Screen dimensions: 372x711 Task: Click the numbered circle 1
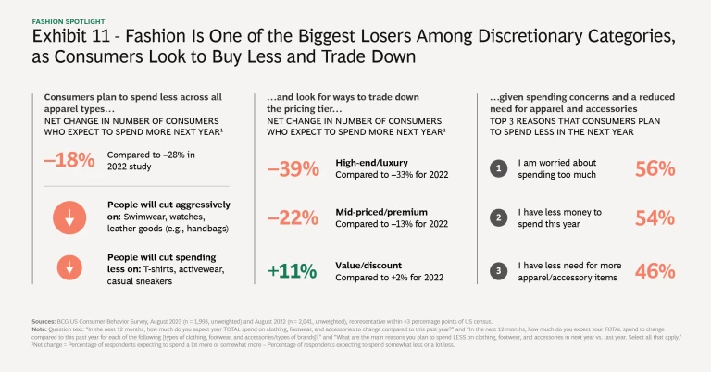501,168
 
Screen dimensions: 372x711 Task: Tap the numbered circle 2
501,219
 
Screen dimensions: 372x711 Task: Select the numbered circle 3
501,270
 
